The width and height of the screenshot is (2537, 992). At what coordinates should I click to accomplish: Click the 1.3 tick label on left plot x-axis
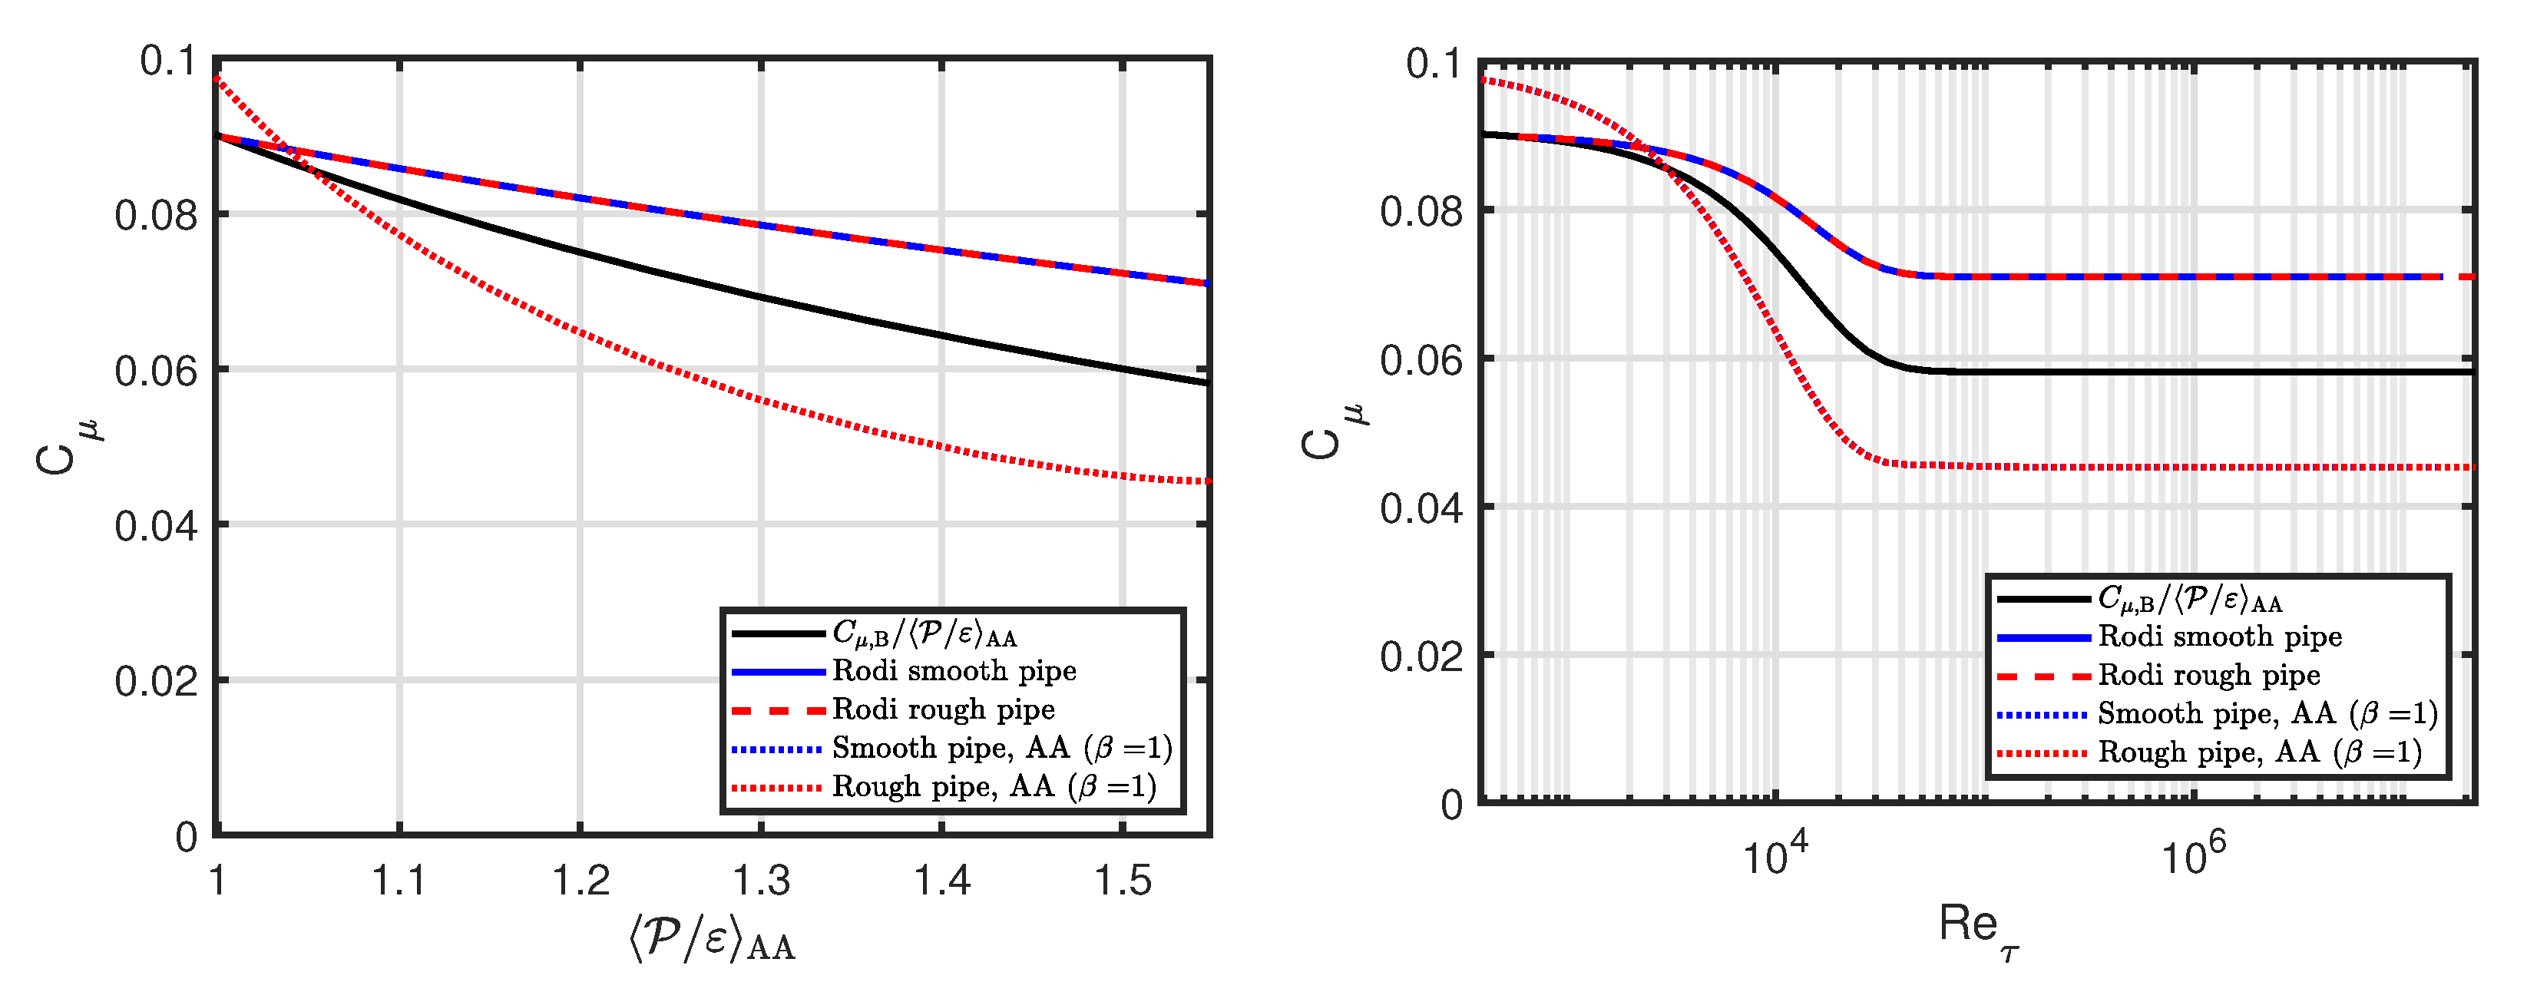tap(761, 880)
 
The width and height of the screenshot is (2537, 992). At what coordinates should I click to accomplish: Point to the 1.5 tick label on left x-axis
tap(1123, 880)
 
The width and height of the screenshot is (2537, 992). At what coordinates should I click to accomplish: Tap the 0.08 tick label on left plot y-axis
tap(157, 216)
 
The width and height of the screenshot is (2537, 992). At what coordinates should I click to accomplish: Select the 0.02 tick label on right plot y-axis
tap(1422, 656)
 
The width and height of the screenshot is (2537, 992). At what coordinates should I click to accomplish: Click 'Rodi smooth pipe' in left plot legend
tap(954, 672)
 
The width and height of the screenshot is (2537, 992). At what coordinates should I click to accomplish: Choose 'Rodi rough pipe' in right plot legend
tap(2208, 676)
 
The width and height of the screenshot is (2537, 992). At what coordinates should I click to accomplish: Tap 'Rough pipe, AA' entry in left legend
tap(993, 787)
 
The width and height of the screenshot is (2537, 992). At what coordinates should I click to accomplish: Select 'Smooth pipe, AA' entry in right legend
tap(2267, 714)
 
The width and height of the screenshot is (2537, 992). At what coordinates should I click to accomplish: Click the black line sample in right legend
tap(2043, 599)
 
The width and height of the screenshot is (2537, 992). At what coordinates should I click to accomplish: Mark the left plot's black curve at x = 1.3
tap(761, 296)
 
